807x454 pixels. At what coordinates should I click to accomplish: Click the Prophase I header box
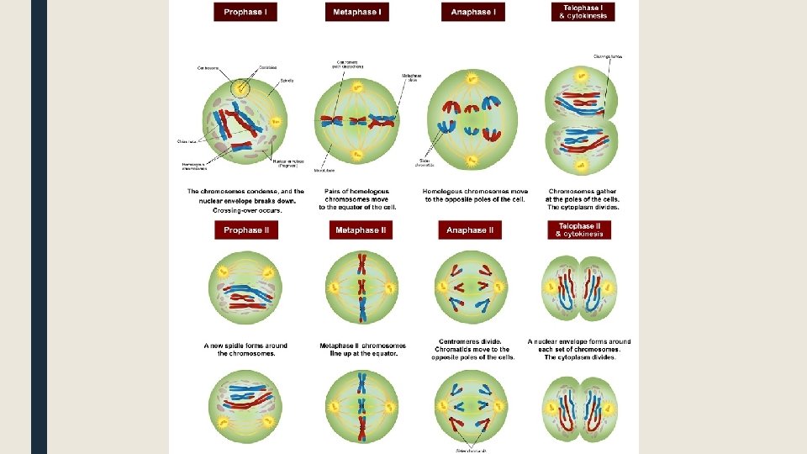[x=245, y=13]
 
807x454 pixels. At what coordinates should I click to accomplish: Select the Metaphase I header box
[x=357, y=13]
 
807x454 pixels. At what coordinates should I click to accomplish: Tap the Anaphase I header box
[x=473, y=13]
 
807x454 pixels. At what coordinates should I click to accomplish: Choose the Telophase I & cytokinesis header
[x=583, y=12]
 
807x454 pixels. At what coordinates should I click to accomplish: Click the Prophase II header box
[x=245, y=230]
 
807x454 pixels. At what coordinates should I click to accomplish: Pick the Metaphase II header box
[x=361, y=230]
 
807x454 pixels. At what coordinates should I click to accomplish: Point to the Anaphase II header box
[x=470, y=230]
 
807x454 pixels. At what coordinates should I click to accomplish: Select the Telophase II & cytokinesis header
[x=580, y=230]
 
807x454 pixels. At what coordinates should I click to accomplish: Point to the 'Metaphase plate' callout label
[x=412, y=77]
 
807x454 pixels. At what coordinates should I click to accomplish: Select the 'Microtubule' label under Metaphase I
[x=324, y=170]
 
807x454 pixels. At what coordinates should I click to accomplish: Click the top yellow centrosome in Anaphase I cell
[x=473, y=79]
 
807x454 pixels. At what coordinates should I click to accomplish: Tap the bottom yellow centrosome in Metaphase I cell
[x=356, y=156]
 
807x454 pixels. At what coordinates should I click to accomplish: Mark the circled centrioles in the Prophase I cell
[x=241, y=87]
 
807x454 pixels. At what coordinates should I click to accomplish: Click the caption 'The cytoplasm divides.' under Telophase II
[x=580, y=357]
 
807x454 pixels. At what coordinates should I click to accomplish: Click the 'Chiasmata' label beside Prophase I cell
[x=187, y=141]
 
